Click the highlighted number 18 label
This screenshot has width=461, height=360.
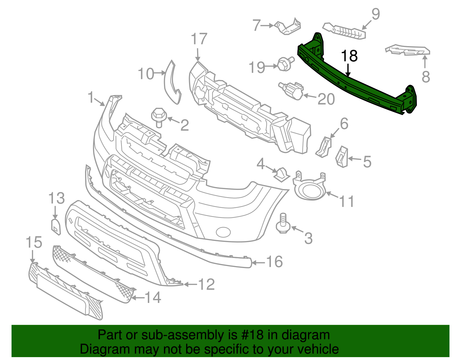coord(349,56)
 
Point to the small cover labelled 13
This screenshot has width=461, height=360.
coord(56,227)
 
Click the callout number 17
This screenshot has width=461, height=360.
coord(199,39)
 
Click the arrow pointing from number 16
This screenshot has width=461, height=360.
coord(259,263)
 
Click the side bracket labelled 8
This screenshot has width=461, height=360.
coord(408,50)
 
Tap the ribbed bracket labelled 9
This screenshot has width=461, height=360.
coord(344,31)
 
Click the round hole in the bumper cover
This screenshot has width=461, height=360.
coord(223,232)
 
